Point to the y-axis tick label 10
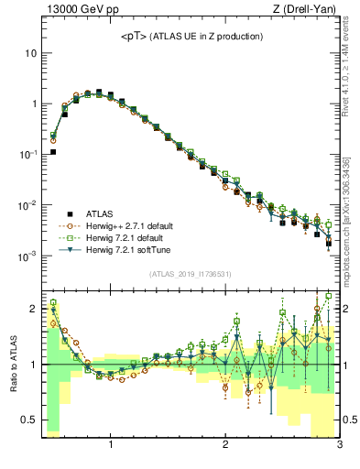(x=30, y=53)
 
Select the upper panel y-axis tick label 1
(x=33, y=104)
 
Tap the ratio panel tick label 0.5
(x=29, y=420)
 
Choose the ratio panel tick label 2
(x=33, y=309)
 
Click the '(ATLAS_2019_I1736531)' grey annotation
(x=189, y=274)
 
